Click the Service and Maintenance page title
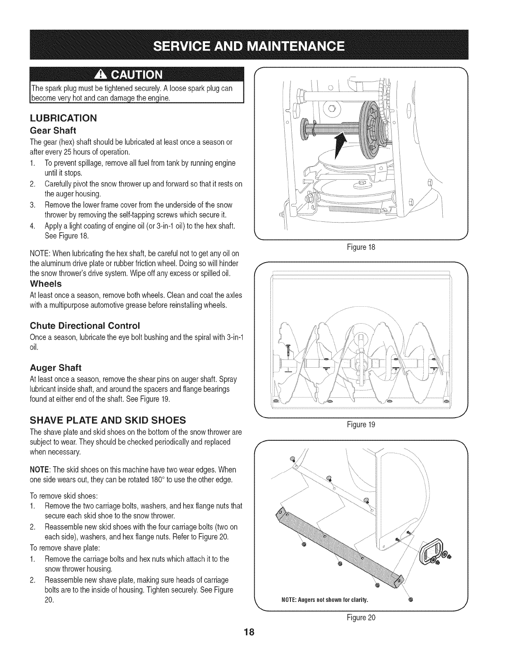(252, 45)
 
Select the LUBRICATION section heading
(63, 118)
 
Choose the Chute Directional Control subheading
(85, 325)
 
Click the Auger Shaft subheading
(56, 367)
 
